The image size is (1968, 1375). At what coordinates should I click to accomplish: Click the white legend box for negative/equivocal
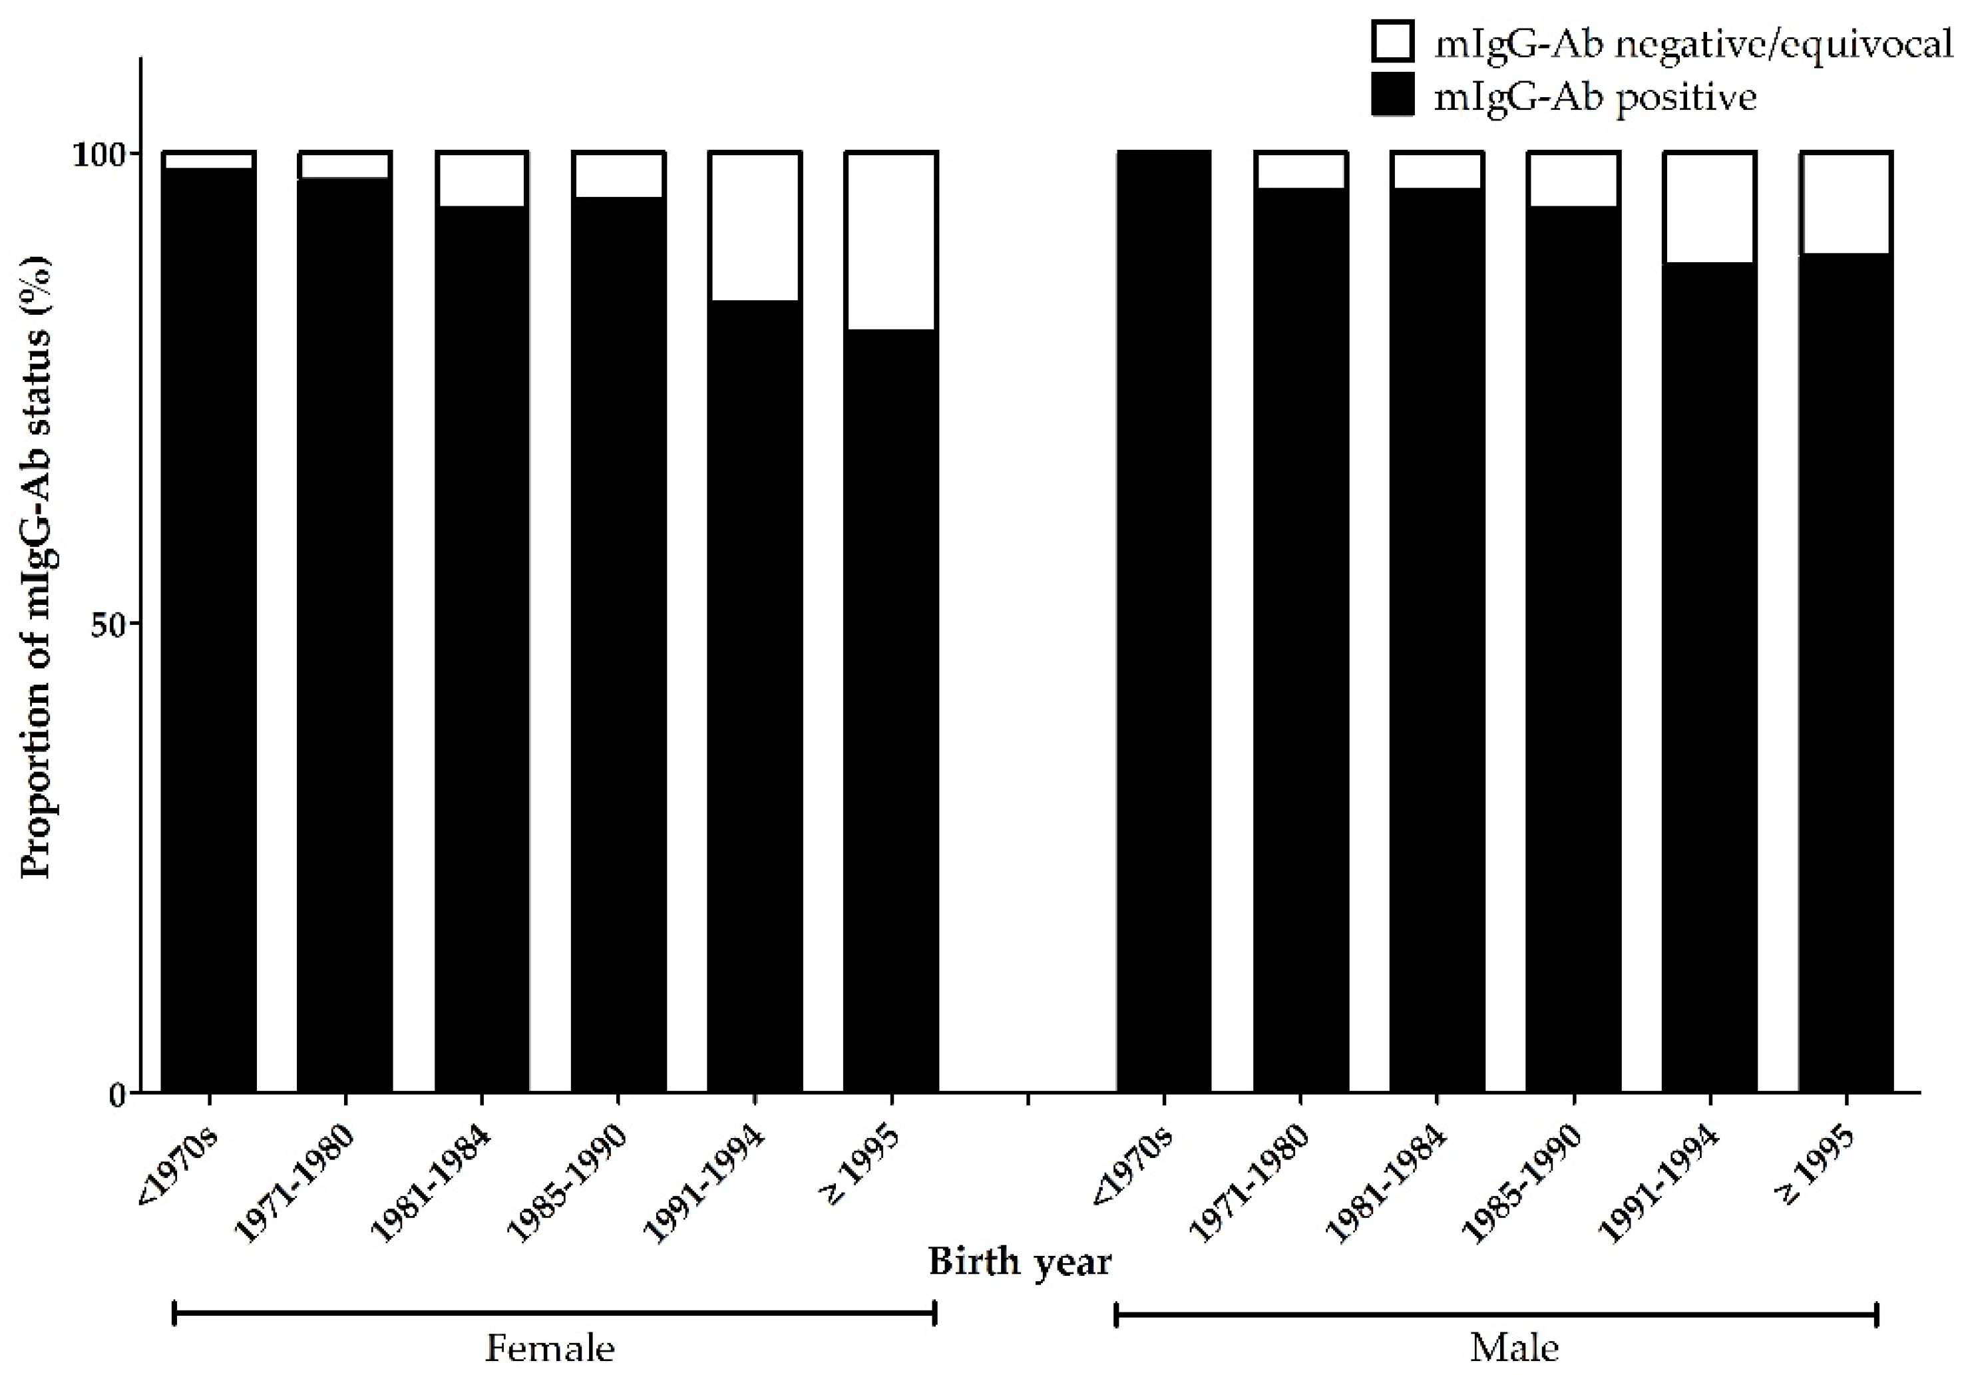pos(1393,43)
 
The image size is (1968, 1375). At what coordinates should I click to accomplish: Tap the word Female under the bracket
pos(550,1348)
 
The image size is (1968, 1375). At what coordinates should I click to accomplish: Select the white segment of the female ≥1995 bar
pos(890,242)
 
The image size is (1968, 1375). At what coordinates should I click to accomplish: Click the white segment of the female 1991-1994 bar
pos(754,227)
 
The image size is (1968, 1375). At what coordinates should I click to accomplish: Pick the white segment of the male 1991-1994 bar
pos(1709,208)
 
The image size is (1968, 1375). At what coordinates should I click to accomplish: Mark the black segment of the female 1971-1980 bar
pos(345,634)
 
